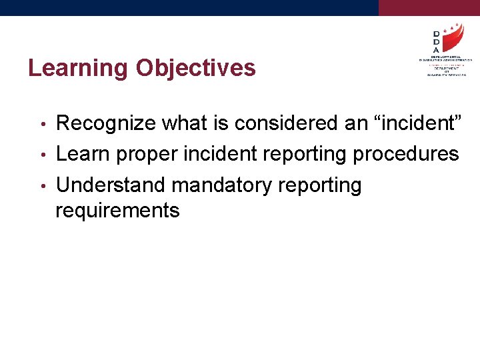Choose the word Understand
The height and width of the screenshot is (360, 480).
[109, 185]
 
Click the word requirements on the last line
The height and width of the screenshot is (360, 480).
[117, 211]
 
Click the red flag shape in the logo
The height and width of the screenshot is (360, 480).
[453, 40]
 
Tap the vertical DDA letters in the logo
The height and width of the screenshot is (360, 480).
[436, 41]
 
